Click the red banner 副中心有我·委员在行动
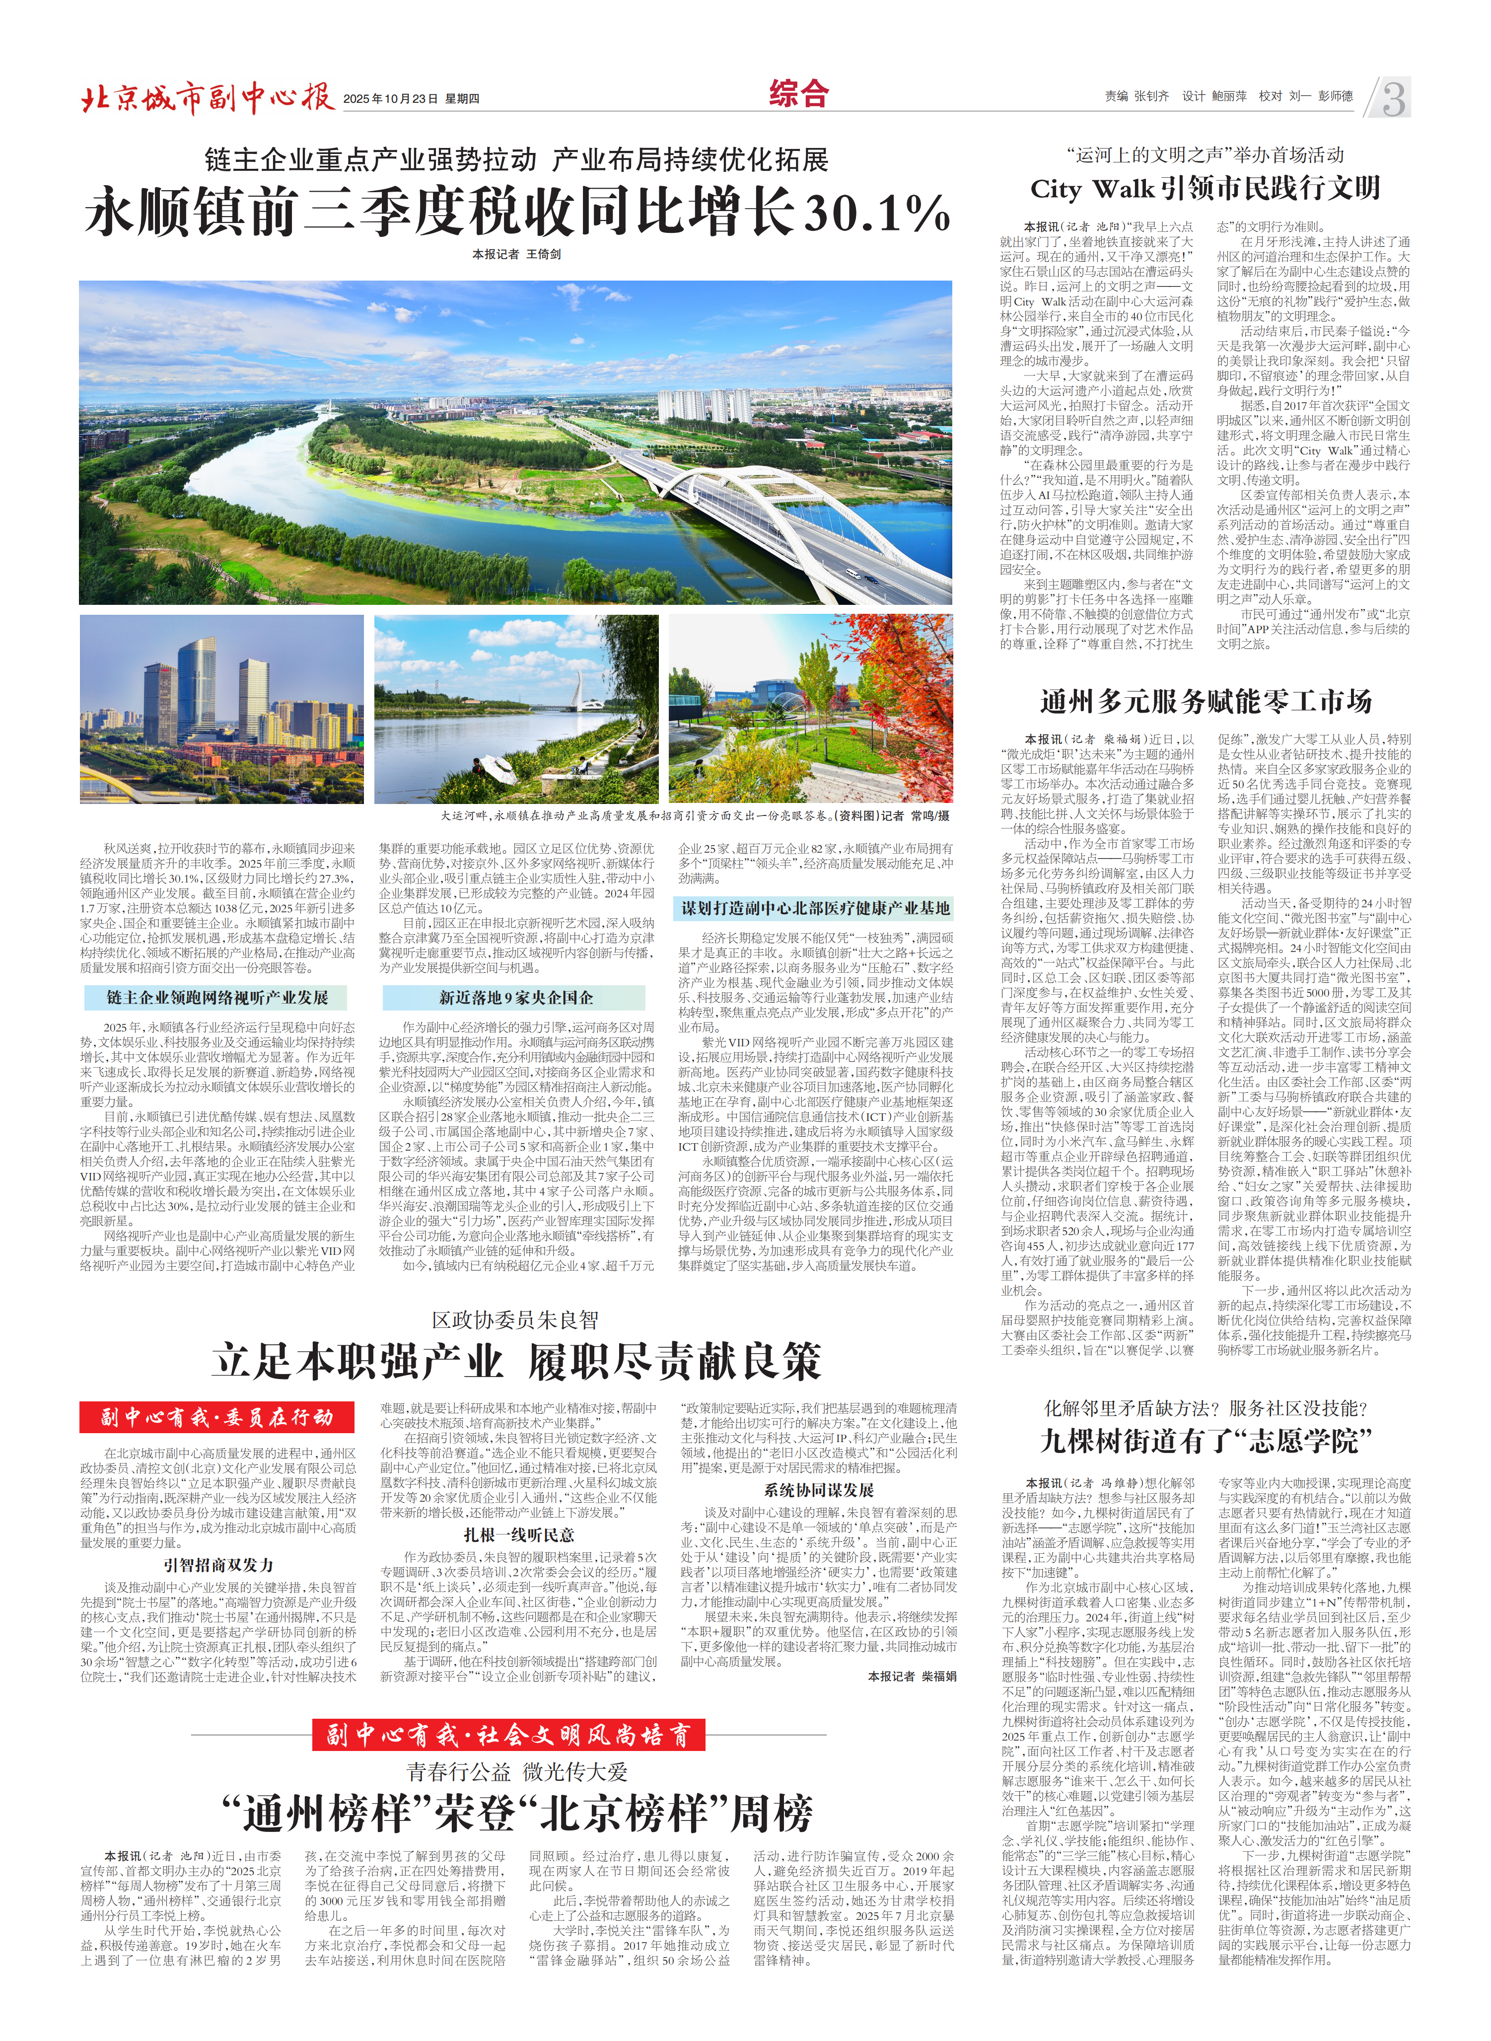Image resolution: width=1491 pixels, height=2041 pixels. coord(216,1417)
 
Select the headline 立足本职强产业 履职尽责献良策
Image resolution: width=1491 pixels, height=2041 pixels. coord(516,1361)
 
